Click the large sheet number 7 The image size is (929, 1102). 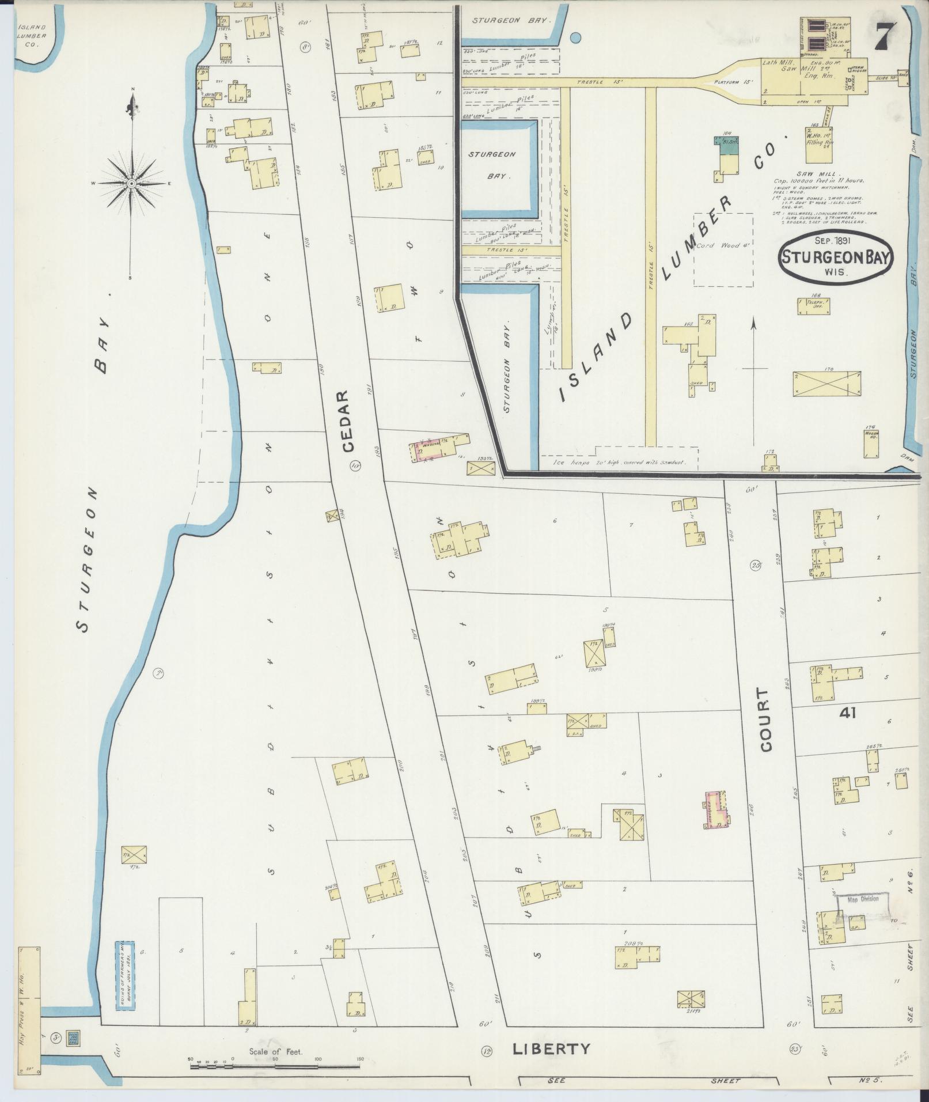click(884, 39)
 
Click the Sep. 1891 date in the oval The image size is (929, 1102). click(834, 241)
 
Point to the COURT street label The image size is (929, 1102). click(765, 719)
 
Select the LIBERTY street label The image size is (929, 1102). click(552, 1048)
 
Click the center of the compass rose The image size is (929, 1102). click(132, 183)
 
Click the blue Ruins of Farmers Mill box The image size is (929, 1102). click(124, 975)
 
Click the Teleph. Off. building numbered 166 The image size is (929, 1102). click(813, 306)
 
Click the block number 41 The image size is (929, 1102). click(847, 713)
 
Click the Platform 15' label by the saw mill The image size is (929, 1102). click(733, 82)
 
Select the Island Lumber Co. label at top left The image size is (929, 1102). click(31, 36)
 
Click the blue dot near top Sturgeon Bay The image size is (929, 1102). click(575, 39)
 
